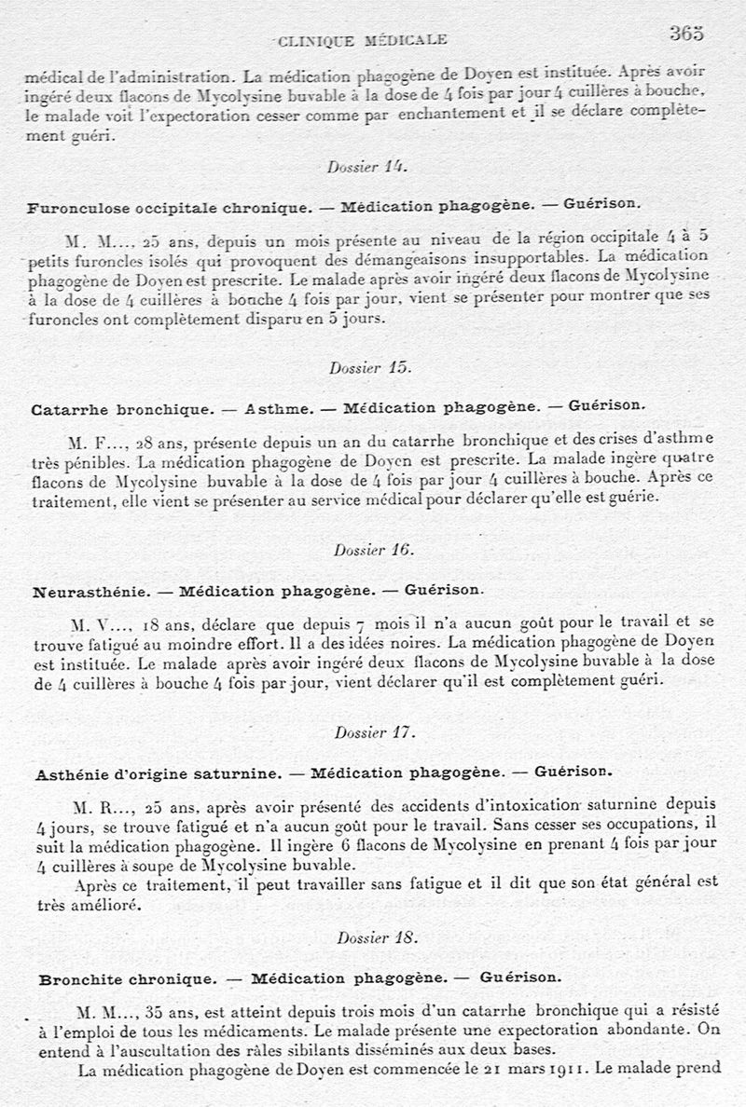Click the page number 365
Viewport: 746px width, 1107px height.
(685, 34)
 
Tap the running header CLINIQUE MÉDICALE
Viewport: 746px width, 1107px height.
(363, 39)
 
